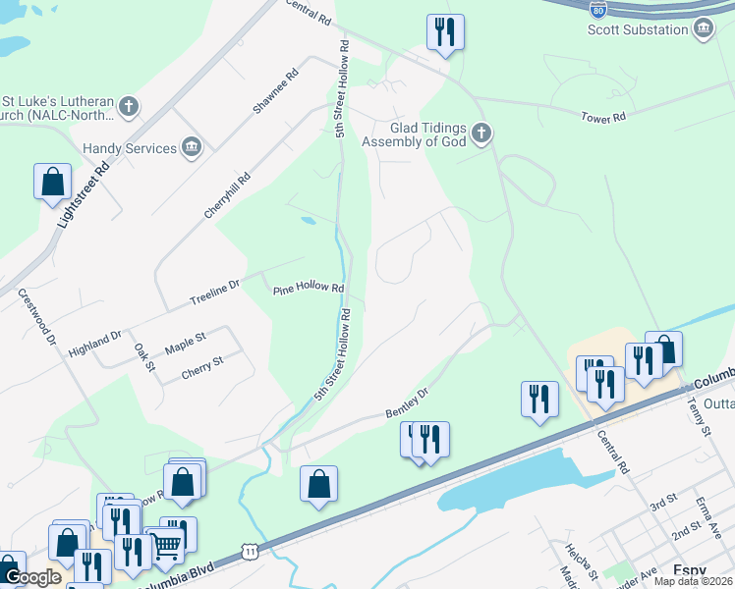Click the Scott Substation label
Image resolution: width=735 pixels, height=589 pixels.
(x=638, y=29)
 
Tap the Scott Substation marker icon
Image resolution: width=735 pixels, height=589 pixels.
(x=704, y=29)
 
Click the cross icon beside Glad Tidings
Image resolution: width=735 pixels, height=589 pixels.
(x=481, y=132)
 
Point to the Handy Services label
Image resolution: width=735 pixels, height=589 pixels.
(x=129, y=148)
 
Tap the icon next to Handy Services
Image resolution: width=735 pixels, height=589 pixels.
(x=192, y=148)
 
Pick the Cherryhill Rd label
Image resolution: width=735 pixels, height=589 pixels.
(x=228, y=195)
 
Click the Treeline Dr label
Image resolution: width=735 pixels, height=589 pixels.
(x=214, y=292)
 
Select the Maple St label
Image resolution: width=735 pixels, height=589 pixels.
(x=185, y=343)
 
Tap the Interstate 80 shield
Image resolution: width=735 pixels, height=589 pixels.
(x=597, y=9)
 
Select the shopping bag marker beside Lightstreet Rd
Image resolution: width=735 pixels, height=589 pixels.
(x=53, y=182)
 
